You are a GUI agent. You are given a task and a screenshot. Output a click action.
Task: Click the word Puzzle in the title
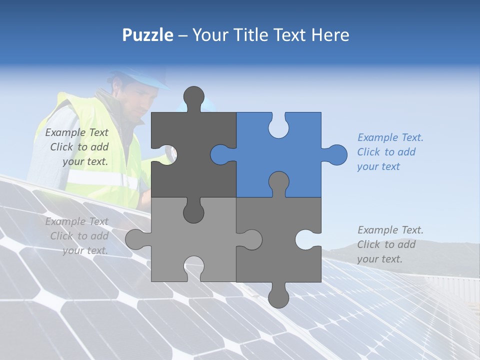click(147, 35)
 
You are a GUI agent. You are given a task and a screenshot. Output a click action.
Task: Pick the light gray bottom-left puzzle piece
click(200, 240)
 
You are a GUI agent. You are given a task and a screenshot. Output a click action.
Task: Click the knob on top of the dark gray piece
click(194, 97)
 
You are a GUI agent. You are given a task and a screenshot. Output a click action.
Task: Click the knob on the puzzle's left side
click(136, 239)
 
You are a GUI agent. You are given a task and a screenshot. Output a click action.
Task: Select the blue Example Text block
click(390, 152)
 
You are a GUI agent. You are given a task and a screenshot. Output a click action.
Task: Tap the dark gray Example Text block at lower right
click(390, 244)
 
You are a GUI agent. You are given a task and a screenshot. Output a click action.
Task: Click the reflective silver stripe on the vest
click(100, 179)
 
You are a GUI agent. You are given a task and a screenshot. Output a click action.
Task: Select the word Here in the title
click(330, 35)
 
